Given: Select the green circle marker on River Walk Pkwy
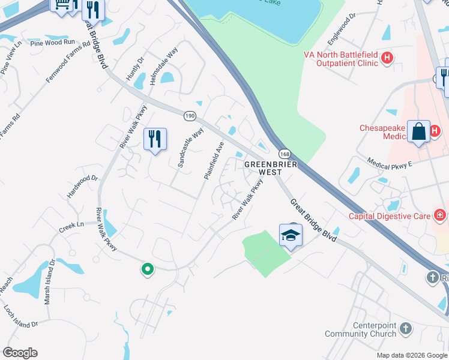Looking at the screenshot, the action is pyautogui.click(x=147, y=269).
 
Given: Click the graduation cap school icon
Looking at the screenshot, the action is pyautogui.click(x=291, y=235).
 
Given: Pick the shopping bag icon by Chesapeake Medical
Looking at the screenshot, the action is pyautogui.click(x=418, y=132).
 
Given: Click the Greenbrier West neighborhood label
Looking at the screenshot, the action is pyautogui.click(x=262, y=167).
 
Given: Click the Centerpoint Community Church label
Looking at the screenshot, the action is pyautogui.click(x=361, y=329).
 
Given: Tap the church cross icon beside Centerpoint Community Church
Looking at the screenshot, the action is pyautogui.click(x=406, y=328).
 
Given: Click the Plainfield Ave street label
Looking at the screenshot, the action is pyautogui.click(x=213, y=160).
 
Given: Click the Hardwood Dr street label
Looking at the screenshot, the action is pyautogui.click(x=82, y=187).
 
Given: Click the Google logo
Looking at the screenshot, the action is pyautogui.click(x=20, y=353).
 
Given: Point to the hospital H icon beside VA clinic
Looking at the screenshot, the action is pyautogui.click(x=387, y=58).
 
